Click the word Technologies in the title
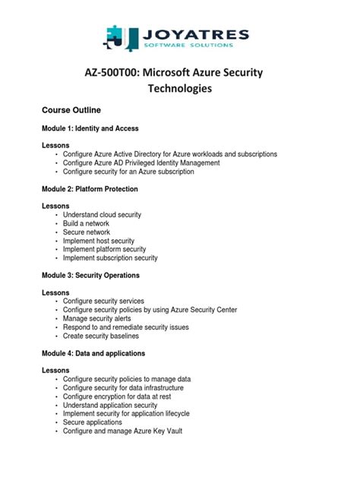pyautogui.click(x=179, y=89)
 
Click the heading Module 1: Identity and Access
pyautogui.click(x=90, y=128)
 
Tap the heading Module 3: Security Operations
pyautogui.click(x=90, y=275)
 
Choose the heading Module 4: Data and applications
pyautogui.click(x=93, y=353)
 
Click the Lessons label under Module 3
pyautogui.click(x=55, y=292)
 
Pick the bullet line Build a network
pyautogui.click(x=86, y=223)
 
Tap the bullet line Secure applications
pyautogui.click(x=94, y=422)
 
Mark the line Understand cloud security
pyautogui.click(x=102, y=215)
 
